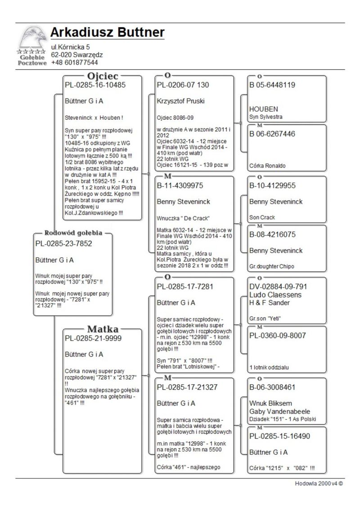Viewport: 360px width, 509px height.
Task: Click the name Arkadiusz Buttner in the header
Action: pyautogui.click(x=107, y=32)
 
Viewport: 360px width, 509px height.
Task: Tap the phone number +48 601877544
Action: pyautogui.click(x=74, y=62)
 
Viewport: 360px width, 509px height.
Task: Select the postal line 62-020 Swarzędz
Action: pyautogui.click(x=76, y=54)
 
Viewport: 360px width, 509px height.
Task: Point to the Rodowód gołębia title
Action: pyautogui.click(x=73, y=233)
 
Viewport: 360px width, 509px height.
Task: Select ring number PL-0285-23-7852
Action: pyautogui.click(x=63, y=243)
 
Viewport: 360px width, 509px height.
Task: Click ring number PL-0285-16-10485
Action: pyautogui.click(x=95, y=85)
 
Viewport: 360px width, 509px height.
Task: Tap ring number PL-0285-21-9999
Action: pyautogui.click(x=93, y=338)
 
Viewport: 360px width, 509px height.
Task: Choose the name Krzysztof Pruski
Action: pyautogui.click(x=180, y=101)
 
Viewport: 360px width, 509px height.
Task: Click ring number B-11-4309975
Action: pyautogui.click(x=180, y=185)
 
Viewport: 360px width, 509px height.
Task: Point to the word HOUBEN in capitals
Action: pyautogui.click(x=264, y=109)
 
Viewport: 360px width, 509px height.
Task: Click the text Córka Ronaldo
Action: pyautogui.click(x=267, y=166)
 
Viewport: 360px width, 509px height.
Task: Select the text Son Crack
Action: pyautogui.click(x=262, y=217)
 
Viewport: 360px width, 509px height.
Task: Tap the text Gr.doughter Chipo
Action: pyautogui.click(x=272, y=266)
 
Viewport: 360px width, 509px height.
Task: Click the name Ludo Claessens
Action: pyautogui.click(x=275, y=295)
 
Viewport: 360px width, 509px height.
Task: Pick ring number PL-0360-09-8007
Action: pyautogui.click(x=278, y=335)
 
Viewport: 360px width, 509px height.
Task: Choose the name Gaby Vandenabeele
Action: pyautogui.click(x=279, y=412)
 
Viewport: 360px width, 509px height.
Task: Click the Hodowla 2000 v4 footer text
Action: pyautogui.click(x=319, y=484)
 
